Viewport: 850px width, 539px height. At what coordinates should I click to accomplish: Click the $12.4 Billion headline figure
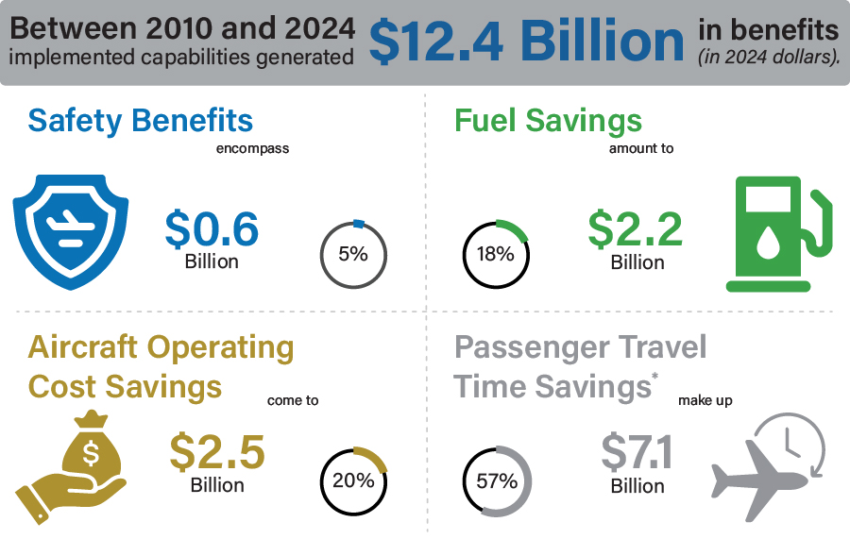(526, 42)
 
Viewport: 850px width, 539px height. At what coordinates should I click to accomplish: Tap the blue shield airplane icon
(71, 230)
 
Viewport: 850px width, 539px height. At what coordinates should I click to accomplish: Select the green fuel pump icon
(780, 235)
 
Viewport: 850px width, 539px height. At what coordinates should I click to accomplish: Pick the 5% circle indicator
(354, 254)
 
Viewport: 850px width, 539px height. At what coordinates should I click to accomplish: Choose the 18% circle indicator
(495, 254)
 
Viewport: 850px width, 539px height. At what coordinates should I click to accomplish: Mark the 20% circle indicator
(354, 480)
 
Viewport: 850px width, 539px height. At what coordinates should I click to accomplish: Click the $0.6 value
(212, 228)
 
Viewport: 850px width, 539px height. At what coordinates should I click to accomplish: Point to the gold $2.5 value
(217, 452)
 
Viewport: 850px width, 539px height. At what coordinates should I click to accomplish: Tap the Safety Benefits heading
(141, 121)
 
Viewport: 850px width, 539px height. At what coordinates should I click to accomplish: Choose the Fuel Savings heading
(548, 121)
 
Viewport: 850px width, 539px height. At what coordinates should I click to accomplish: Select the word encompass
(252, 148)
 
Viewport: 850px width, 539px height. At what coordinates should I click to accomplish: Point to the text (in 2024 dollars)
(768, 58)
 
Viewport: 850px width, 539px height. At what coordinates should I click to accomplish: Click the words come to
(293, 400)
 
